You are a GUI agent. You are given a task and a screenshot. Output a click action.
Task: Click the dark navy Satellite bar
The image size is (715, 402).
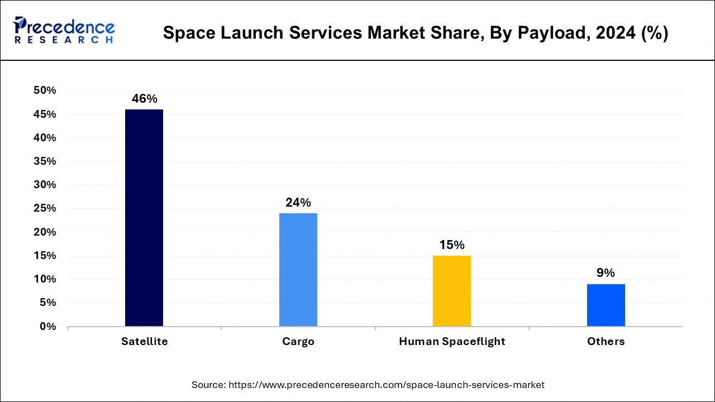144,218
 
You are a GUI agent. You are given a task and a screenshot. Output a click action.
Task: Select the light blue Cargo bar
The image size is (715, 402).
298,270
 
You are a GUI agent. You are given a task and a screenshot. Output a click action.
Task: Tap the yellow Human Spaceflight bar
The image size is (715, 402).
452,291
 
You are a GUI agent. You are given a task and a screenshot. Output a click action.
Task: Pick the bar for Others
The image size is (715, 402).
606,305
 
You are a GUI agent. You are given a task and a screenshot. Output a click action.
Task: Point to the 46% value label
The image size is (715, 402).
144,99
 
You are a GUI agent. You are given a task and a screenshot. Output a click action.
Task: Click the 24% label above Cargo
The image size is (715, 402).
298,203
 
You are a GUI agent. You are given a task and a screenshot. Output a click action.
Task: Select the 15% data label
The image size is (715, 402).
452,245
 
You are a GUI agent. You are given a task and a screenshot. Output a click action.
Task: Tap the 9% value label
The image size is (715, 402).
606,273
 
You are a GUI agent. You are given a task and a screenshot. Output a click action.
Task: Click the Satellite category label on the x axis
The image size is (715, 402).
144,341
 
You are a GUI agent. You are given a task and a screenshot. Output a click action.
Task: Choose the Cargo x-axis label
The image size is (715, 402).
298,341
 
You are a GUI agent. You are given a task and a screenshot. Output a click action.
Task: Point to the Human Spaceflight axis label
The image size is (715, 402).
452,341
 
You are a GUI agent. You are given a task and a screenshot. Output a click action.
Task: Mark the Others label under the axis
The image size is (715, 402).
606,341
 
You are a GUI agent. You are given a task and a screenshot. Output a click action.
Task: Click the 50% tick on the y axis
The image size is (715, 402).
45,90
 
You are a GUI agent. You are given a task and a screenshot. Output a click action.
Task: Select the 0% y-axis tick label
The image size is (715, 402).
47,327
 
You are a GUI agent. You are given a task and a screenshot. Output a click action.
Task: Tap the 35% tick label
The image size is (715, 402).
45,161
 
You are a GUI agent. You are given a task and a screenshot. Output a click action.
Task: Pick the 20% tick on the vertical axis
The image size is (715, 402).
45,232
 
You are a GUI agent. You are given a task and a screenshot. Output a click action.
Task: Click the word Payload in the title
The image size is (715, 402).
538,33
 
